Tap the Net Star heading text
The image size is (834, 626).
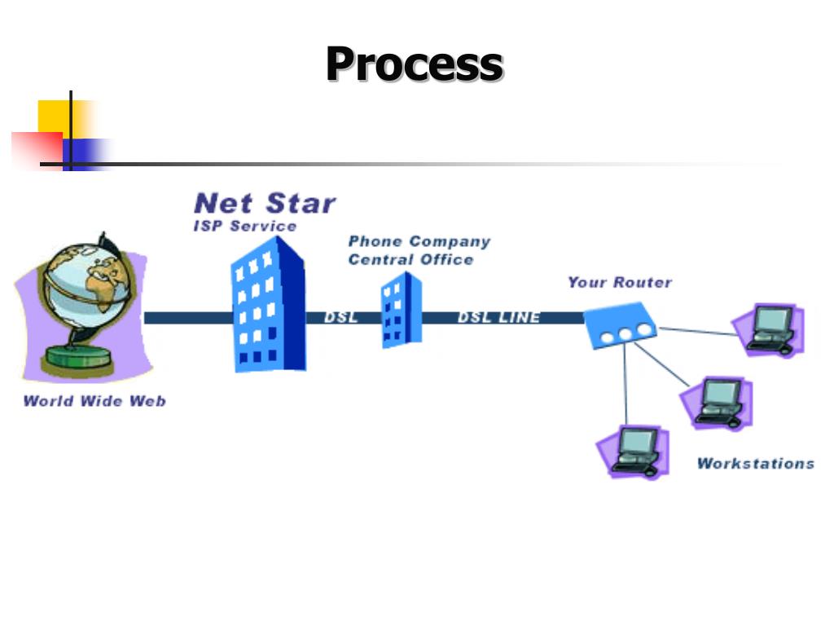click(265, 203)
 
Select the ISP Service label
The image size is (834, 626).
click(244, 226)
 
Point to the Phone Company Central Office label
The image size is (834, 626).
click(419, 250)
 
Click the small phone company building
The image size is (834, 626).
click(402, 311)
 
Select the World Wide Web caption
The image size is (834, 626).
click(94, 400)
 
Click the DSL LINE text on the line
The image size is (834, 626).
click(498, 318)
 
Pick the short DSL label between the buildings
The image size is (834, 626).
click(340, 318)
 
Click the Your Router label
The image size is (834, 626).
click(620, 282)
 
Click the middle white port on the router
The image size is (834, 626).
click(626, 332)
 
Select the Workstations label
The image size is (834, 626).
click(755, 463)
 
